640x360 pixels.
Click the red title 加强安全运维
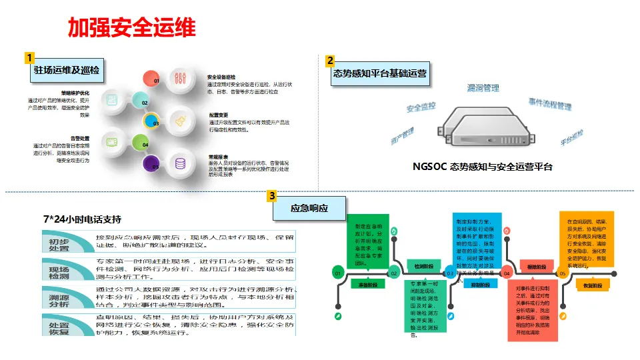tap(131, 27)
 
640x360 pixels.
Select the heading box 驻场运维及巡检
tap(68, 70)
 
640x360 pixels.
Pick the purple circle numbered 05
tap(154, 165)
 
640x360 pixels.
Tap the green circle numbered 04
tap(140, 143)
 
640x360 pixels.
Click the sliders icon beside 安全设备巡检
tap(180, 79)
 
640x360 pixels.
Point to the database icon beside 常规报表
tap(180, 163)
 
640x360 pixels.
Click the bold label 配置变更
tap(219, 115)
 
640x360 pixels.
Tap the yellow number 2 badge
tap(330, 61)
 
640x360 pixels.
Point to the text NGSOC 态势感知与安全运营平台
tap(483, 167)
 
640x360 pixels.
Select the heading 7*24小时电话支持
tap(82, 219)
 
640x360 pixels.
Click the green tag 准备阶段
tap(367, 283)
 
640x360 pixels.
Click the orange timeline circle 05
tap(562, 273)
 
